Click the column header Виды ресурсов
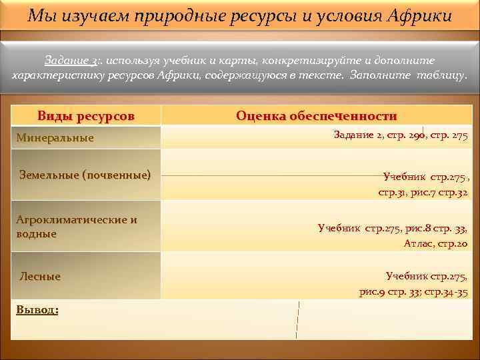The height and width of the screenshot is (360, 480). [x=86, y=115]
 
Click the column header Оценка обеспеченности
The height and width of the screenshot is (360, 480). [x=316, y=115]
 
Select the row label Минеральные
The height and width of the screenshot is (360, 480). [x=55, y=138]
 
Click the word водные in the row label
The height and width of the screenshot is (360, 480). [x=36, y=234]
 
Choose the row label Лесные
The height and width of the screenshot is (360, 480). [x=40, y=276]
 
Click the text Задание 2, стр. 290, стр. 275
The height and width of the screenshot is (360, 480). [x=400, y=135]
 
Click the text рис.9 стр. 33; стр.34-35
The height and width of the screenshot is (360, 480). [x=413, y=292]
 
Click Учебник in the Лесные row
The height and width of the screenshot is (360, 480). [x=407, y=276]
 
